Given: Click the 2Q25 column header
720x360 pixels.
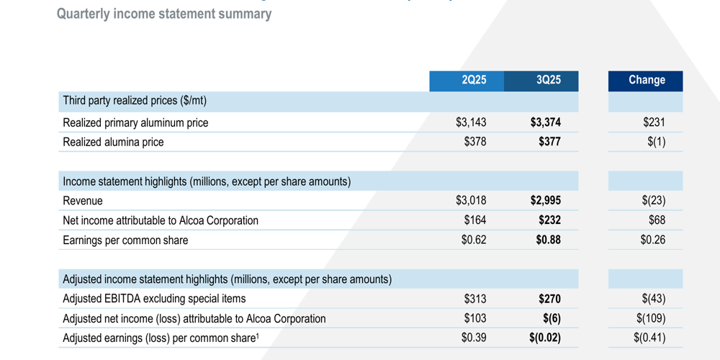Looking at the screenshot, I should [x=474, y=80].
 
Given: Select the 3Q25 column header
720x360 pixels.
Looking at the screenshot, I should [x=548, y=80].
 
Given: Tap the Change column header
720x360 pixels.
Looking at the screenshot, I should [x=646, y=80].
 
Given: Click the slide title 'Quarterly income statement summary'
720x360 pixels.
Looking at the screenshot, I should [x=164, y=14].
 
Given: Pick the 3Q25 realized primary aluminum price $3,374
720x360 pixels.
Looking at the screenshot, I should [x=545, y=122].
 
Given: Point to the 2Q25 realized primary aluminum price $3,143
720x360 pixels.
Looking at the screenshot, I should [x=471, y=122].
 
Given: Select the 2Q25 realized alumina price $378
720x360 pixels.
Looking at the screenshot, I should [x=475, y=142].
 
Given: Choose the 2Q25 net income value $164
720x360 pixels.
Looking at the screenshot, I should [x=475, y=220].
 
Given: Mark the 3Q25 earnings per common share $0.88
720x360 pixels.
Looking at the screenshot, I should [x=548, y=240].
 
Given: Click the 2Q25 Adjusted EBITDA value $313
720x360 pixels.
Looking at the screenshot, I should [x=475, y=298].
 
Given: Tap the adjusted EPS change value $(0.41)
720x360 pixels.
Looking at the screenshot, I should [x=649, y=338].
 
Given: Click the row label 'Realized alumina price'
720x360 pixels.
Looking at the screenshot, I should [x=113, y=142].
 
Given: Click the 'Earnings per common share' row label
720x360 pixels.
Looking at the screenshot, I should [x=125, y=240].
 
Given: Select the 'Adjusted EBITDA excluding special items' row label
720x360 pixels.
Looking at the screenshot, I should [x=154, y=298].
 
